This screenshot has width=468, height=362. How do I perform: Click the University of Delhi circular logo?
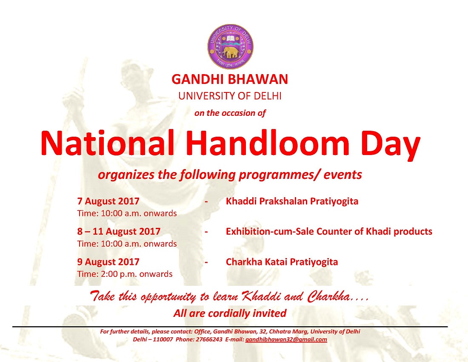(x=231, y=46)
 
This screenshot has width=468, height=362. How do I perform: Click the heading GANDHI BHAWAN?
(x=230, y=79)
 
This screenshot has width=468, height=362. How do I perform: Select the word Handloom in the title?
(x=269, y=143)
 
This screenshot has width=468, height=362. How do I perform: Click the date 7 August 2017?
(x=108, y=201)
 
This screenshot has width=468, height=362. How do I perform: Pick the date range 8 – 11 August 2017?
(x=119, y=232)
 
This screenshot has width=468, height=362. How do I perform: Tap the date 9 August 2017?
(x=108, y=262)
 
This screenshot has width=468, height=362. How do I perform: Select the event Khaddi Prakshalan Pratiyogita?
(x=292, y=201)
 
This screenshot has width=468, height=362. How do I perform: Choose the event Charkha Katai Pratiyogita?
(x=282, y=262)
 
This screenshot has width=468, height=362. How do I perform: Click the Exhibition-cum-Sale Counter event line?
(x=329, y=232)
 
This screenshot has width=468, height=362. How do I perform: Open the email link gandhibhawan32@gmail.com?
(x=286, y=339)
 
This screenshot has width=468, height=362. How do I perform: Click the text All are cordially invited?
(x=230, y=313)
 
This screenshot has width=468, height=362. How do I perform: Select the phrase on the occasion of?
(x=230, y=113)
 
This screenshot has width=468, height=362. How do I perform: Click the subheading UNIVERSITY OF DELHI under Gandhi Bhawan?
(x=230, y=96)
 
